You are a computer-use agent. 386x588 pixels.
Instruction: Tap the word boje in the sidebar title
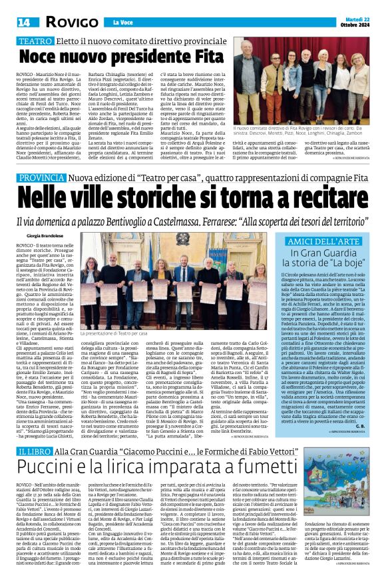335,263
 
